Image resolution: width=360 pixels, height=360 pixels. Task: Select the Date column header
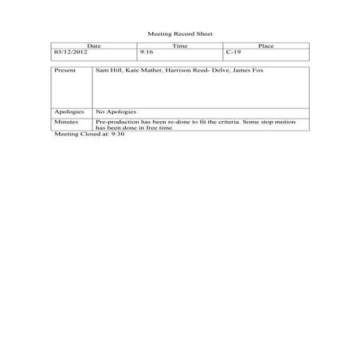pos(93,46)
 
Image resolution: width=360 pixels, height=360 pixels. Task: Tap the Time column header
pos(180,46)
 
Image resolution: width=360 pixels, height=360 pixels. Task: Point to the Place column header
pos(266,46)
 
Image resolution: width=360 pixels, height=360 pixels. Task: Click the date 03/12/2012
pos(70,52)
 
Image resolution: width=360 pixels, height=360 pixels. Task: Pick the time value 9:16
pos(146,52)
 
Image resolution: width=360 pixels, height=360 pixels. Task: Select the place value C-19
pos(233,52)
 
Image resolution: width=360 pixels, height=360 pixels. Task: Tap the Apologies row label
pos(68,112)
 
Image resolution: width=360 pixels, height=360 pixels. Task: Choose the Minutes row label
pos(66,121)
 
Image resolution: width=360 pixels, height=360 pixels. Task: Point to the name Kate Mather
pos(143,71)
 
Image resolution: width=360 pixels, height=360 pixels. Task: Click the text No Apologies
pos(116,112)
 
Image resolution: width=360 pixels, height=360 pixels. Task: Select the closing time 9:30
pos(118,134)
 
